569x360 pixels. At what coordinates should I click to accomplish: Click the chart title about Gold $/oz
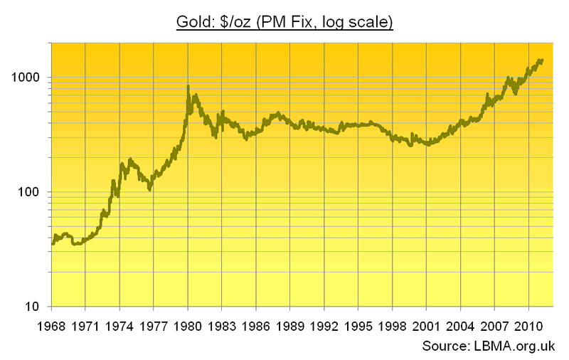[x=284, y=23]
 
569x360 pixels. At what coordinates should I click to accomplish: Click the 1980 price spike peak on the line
[x=188, y=87]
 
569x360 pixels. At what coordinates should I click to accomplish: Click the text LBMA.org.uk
[x=514, y=346]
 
